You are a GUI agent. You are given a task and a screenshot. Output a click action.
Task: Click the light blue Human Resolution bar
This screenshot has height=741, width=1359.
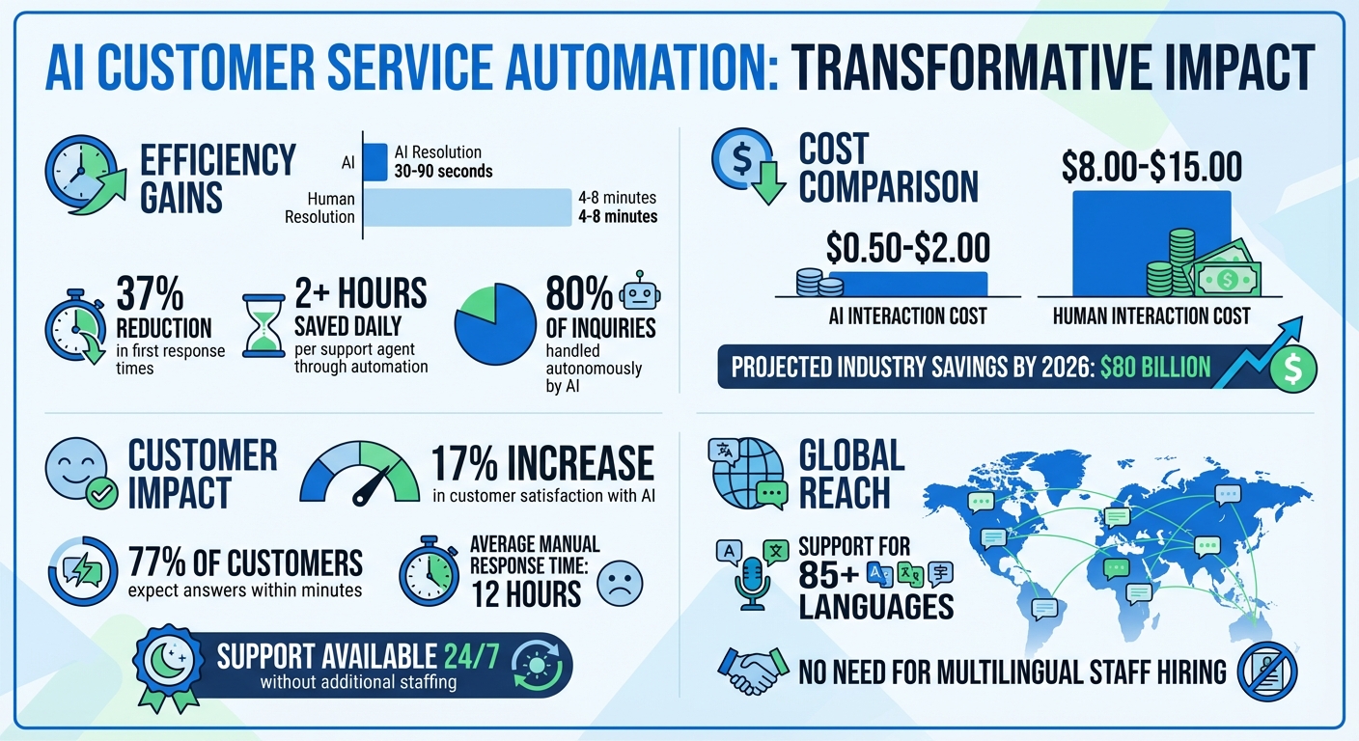pos(468,207)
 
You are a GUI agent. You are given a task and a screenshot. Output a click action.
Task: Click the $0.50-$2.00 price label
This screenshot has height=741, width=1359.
pos(908,248)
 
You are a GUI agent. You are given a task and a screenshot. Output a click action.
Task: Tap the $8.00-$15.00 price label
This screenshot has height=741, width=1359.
pos(1151,166)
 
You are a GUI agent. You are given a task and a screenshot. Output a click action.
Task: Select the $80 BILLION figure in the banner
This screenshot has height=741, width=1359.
pos(1155,367)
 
